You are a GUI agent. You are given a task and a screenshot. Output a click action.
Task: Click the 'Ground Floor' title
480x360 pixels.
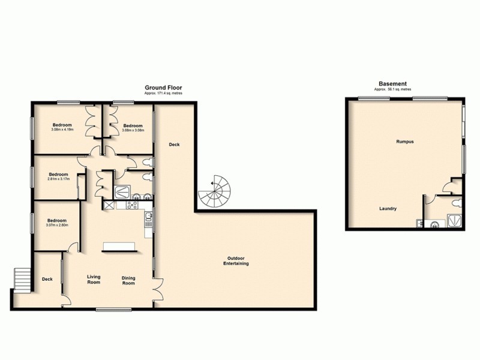click(163, 88)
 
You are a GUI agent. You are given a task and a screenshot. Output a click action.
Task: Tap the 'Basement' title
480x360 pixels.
click(392, 83)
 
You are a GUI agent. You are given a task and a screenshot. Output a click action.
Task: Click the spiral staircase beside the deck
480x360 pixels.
click(215, 192)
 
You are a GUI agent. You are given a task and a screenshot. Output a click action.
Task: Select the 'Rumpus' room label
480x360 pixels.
click(405, 142)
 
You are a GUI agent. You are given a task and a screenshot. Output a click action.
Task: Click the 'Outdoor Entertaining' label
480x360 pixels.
click(236, 261)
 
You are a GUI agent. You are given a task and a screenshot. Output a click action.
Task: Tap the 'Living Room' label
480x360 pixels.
click(94, 279)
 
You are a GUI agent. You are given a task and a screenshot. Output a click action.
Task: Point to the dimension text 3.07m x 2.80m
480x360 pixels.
click(58, 226)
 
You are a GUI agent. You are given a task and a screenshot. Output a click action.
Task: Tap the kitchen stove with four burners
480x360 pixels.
click(131, 205)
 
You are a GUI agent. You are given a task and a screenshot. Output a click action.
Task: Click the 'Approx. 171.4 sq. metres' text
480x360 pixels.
click(163, 94)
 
